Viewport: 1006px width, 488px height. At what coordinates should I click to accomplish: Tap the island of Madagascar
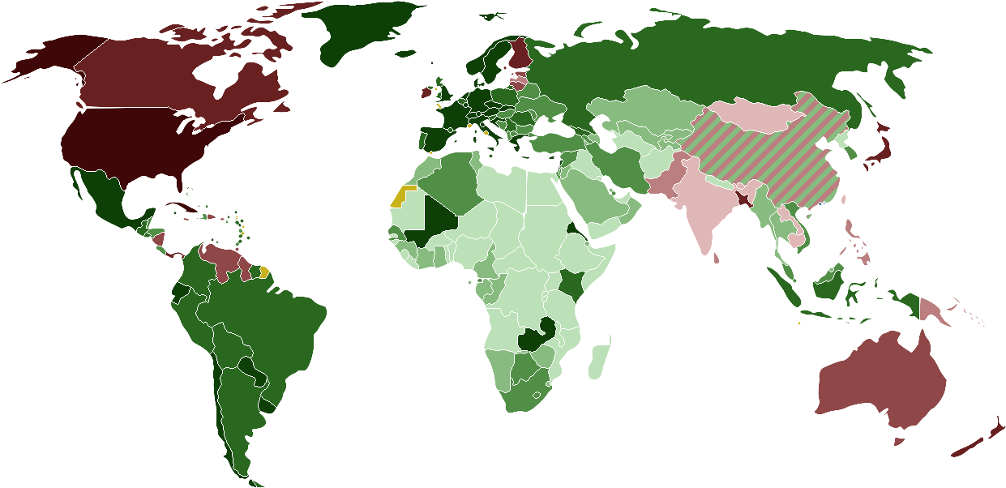[600, 361]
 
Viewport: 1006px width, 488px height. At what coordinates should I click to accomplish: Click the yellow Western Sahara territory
[401, 197]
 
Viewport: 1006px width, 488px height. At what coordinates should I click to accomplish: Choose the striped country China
[770, 162]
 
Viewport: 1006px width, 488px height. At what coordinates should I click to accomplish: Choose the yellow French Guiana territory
[264, 272]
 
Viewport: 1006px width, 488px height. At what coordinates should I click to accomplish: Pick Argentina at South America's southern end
[235, 405]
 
